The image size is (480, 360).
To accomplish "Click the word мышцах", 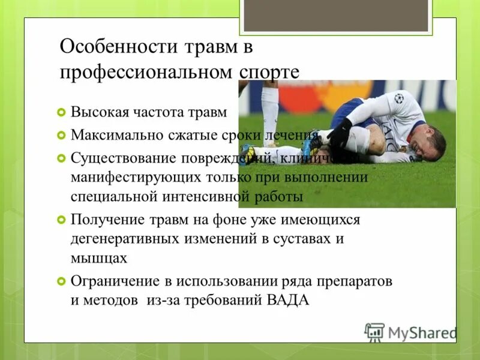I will (x=99, y=258).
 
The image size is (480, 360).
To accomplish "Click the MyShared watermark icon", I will (x=374, y=332).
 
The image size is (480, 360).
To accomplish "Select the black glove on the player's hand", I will (x=341, y=133).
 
